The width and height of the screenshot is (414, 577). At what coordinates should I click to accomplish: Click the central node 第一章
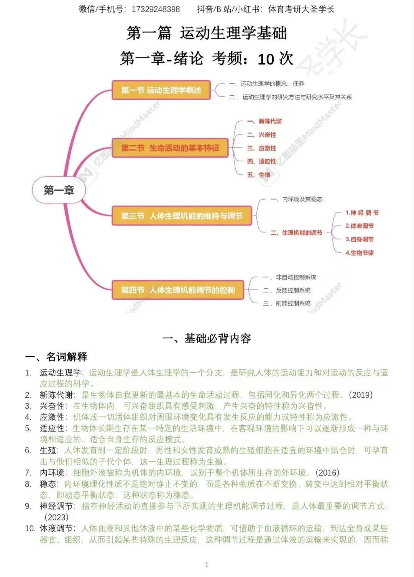pos(58,190)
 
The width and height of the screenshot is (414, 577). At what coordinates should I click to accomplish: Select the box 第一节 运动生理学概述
pos(161,90)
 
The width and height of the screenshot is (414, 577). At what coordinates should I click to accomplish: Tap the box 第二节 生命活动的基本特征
pos(170,148)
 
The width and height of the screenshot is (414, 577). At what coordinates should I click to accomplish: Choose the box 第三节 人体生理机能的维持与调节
pos(182,216)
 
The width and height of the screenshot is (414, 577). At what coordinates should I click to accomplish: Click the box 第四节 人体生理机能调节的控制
pos(177,290)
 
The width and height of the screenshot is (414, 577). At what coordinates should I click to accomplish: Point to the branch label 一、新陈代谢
pos(264,121)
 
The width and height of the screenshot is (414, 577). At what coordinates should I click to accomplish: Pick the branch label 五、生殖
pos(259,175)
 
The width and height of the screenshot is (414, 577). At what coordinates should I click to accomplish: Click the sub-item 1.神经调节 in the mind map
pos(362,213)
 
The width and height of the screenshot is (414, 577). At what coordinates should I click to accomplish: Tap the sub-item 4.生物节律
pos(360,253)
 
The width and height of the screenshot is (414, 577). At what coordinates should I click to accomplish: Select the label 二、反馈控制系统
pos(287,290)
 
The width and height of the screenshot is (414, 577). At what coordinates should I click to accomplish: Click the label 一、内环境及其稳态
pos(297,199)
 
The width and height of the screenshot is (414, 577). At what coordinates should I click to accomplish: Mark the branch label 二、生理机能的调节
pos(297,233)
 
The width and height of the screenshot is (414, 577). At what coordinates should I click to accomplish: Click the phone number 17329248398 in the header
pos(156,9)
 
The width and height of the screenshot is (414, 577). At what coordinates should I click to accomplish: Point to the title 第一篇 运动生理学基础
pos(207,33)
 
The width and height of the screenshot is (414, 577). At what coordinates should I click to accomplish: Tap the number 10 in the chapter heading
pos(266,59)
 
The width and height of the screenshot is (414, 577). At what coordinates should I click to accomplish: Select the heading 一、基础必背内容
pos(207,338)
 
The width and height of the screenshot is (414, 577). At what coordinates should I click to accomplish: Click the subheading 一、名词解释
pos(56,357)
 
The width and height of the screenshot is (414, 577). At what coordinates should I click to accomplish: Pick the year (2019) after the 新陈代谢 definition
pos(361,395)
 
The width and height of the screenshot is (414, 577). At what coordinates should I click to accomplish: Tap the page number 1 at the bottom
pos(207,565)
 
